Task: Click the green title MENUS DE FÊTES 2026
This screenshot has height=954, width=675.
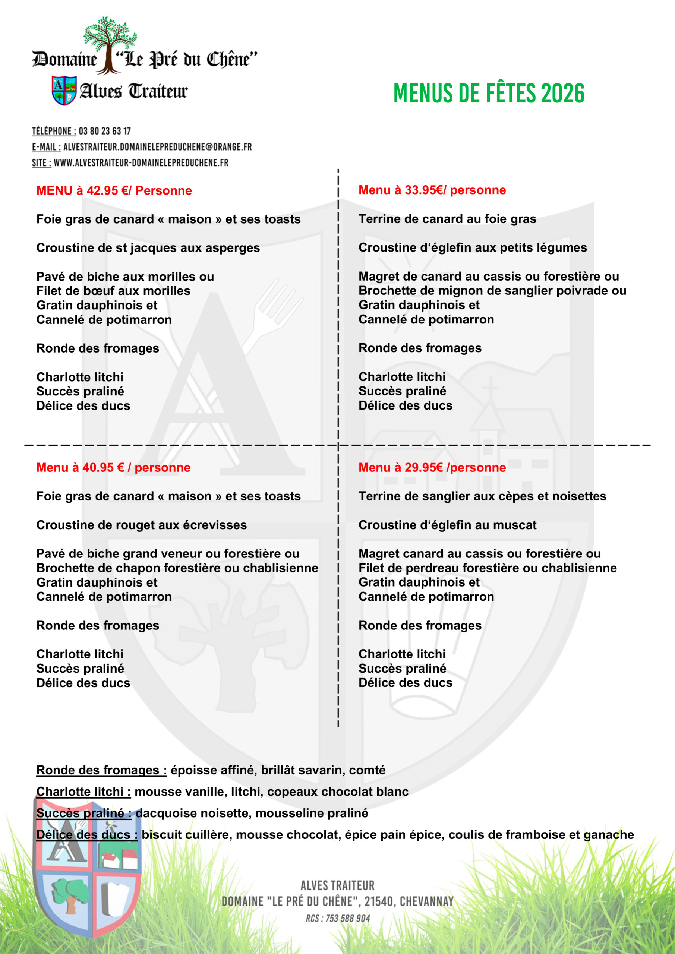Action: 489,93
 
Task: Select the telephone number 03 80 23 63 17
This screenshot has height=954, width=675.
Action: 105,131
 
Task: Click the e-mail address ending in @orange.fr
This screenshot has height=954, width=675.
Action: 158,147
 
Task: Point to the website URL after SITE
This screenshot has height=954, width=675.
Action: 141,163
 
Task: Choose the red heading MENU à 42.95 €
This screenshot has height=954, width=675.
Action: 114,191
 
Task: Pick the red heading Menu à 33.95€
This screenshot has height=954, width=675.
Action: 432,190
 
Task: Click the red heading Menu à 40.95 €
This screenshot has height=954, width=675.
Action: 113,468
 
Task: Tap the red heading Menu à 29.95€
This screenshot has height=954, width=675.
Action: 432,468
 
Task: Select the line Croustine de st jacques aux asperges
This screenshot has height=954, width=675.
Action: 148,248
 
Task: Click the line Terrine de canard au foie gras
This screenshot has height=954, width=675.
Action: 447,219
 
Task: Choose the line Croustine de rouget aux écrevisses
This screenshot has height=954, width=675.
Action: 141,525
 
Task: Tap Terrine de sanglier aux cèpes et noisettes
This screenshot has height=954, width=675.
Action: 482,496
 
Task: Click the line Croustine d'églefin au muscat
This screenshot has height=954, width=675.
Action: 447,525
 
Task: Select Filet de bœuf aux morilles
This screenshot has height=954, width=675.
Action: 113,291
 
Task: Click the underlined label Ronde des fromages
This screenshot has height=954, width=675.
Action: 101,770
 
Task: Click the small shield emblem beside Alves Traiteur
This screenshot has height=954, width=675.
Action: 64,90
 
